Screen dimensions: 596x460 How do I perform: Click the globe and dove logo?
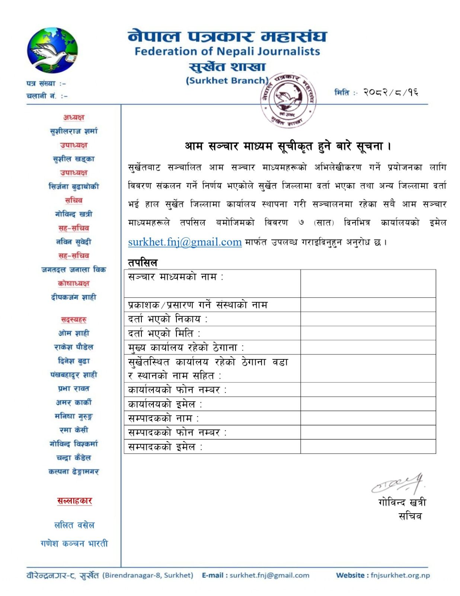52,50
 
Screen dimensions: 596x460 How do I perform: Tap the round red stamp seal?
288,100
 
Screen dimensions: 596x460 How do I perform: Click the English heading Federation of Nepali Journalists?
227,51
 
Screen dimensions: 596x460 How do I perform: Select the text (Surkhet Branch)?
227,80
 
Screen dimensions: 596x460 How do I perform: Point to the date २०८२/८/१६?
390,92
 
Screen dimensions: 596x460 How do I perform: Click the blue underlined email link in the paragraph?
185,242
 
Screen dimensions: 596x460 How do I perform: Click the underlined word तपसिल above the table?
143,263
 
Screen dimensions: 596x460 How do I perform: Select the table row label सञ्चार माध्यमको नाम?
175,277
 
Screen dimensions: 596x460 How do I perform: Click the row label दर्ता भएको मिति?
164,333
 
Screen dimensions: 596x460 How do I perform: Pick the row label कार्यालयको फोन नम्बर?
177,390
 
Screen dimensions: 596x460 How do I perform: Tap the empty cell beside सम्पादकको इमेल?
368,446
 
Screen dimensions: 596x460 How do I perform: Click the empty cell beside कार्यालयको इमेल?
368,404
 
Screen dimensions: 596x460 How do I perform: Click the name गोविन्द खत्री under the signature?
402,502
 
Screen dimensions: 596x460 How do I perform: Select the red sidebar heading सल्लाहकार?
74,501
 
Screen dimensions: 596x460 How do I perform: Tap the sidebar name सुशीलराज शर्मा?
74,131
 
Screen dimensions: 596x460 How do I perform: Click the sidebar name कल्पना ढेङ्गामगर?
74,472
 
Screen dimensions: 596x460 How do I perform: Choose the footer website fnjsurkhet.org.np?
400,575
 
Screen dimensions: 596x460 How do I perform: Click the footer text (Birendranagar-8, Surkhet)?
148,575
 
